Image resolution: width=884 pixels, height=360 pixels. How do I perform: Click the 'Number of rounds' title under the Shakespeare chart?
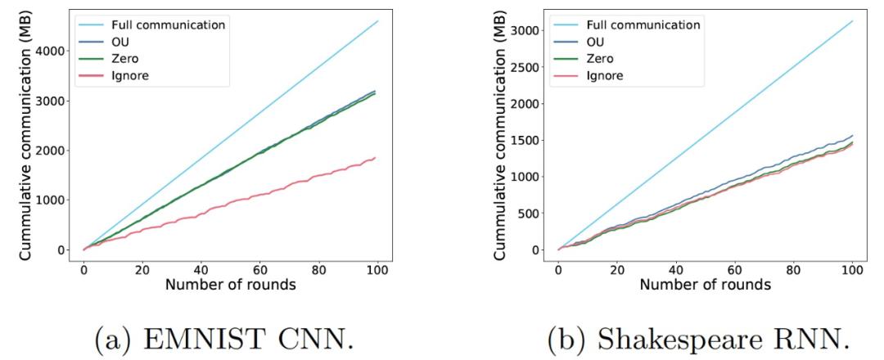(705, 286)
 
